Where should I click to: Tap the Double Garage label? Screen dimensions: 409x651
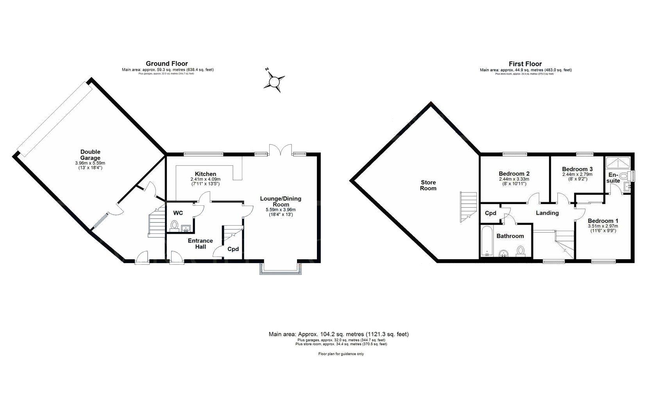tap(90, 155)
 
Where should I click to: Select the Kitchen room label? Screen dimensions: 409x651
tap(206, 174)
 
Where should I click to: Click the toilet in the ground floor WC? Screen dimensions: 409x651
tap(175, 225)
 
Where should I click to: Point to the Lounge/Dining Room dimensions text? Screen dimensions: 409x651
tap(281, 212)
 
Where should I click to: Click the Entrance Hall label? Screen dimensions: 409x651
tap(200, 244)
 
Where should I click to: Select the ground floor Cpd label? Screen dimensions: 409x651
tap(233, 249)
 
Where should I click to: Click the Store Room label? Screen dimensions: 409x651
tap(428, 185)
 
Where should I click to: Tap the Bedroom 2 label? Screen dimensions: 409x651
tap(514, 174)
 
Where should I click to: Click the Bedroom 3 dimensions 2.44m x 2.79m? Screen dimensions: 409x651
tap(577, 174)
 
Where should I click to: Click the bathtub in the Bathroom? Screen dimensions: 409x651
tap(487, 241)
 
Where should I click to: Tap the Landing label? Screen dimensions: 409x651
tap(547, 213)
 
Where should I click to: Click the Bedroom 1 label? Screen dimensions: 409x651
tap(603, 221)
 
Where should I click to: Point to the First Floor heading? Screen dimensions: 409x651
tap(525, 64)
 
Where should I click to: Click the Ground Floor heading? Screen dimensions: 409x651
tap(167, 63)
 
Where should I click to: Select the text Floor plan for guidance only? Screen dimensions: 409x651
tap(341, 354)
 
